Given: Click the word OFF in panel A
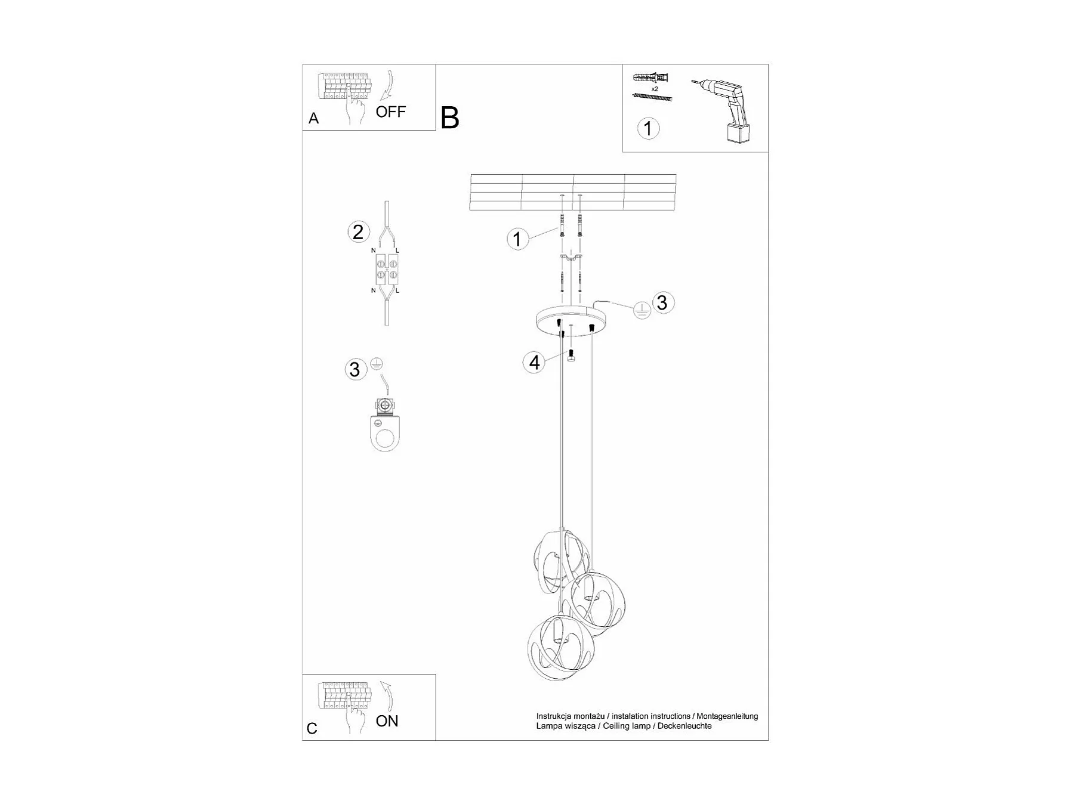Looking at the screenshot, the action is tap(390, 112).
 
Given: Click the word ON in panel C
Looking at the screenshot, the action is tap(387, 721).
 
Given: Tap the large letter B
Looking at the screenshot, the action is tap(450, 118).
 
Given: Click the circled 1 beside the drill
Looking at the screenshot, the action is tap(648, 128).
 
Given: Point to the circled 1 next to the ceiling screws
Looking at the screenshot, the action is tap(517, 239).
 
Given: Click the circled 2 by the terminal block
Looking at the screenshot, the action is tap(358, 232).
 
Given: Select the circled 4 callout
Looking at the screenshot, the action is tap(534, 362).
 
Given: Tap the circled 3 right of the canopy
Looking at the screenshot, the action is tap(662, 302).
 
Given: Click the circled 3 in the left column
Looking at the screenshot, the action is tap(356, 369).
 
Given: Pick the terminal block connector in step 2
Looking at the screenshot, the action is tap(387, 270).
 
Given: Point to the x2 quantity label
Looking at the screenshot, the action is tap(655, 89).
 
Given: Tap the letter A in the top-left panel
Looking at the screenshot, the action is tap(314, 119).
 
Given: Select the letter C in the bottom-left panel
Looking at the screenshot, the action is tap(312, 728).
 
